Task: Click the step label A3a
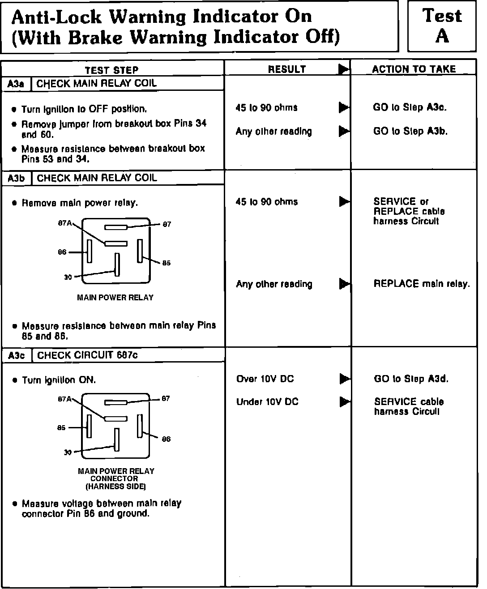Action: pos(16,84)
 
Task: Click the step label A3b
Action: pos(16,178)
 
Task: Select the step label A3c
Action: pos(17,355)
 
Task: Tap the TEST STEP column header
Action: pos(112,70)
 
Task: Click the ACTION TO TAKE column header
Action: pos(414,69)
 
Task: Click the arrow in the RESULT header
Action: pos(343,69)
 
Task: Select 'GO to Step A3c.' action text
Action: pos(410,107)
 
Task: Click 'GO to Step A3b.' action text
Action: pos(410,131)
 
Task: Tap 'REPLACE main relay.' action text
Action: pos(422,284)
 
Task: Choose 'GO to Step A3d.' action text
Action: pos(411,379)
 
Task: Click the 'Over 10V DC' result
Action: pos(265,379)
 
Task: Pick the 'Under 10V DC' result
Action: pos(267,402)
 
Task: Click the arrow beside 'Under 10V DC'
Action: pos(344,402)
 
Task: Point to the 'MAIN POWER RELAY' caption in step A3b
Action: pos(115,297)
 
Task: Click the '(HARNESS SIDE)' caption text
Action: pos(115,486)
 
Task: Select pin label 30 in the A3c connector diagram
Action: pos(68,452)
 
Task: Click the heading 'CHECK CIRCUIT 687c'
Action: pos(87,355)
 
